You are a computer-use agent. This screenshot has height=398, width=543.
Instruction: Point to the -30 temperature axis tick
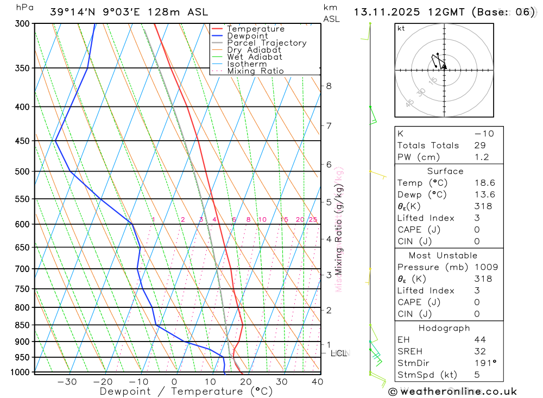pos(67,382)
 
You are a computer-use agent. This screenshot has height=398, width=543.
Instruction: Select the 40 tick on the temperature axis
pos(317,382)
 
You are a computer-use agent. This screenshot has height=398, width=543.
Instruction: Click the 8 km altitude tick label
pos(329,86)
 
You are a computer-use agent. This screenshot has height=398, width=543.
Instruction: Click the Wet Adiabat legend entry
pos(254,56)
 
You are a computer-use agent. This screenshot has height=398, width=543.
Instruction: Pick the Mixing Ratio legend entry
pos(255,71)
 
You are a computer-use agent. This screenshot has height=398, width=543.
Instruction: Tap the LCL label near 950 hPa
pos(339,353)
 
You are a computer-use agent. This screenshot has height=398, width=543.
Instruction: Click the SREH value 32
pos(480,351)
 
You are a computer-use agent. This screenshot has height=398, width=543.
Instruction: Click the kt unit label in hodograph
pos(401,29)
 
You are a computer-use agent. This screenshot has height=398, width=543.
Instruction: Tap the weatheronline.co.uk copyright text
pos(453,391)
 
